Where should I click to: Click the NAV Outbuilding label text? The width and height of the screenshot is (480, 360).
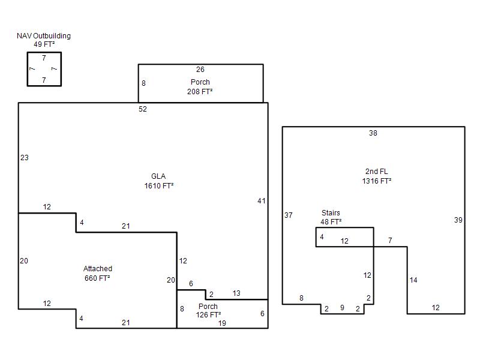click(44, 36)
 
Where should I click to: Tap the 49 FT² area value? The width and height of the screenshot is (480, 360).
click(44, 44)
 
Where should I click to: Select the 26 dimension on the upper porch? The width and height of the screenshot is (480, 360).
click(200, 70)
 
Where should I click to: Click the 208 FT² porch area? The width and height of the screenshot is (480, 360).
click(200, 92)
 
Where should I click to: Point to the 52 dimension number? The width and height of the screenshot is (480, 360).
click(143, 109)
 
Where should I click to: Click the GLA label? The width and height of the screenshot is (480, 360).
click(158, 176)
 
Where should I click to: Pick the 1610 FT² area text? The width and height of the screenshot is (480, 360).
click(159, 186)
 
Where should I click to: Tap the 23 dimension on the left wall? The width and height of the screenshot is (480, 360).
click(25, 158)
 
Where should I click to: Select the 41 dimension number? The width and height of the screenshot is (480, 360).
click(262, 201)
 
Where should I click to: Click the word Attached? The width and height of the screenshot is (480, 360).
click(98, 269)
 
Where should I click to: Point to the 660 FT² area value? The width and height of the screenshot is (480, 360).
click(97, 278)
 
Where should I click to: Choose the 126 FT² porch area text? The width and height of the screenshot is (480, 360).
click(208, 315)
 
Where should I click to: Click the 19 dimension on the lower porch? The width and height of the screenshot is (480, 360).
click(222, 323)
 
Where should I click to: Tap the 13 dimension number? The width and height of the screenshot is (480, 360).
click(236, 293)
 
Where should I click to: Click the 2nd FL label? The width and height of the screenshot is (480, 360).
click(377, 172)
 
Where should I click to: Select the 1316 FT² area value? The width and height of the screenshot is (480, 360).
click(377, 181)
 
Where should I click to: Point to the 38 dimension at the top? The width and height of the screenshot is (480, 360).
click(373, 133)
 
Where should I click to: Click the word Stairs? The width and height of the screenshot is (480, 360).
click(331, 213)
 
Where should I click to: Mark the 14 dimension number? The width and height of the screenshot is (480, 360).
click(413, 280)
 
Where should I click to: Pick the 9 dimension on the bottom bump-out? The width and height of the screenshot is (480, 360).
click(342, 308)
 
